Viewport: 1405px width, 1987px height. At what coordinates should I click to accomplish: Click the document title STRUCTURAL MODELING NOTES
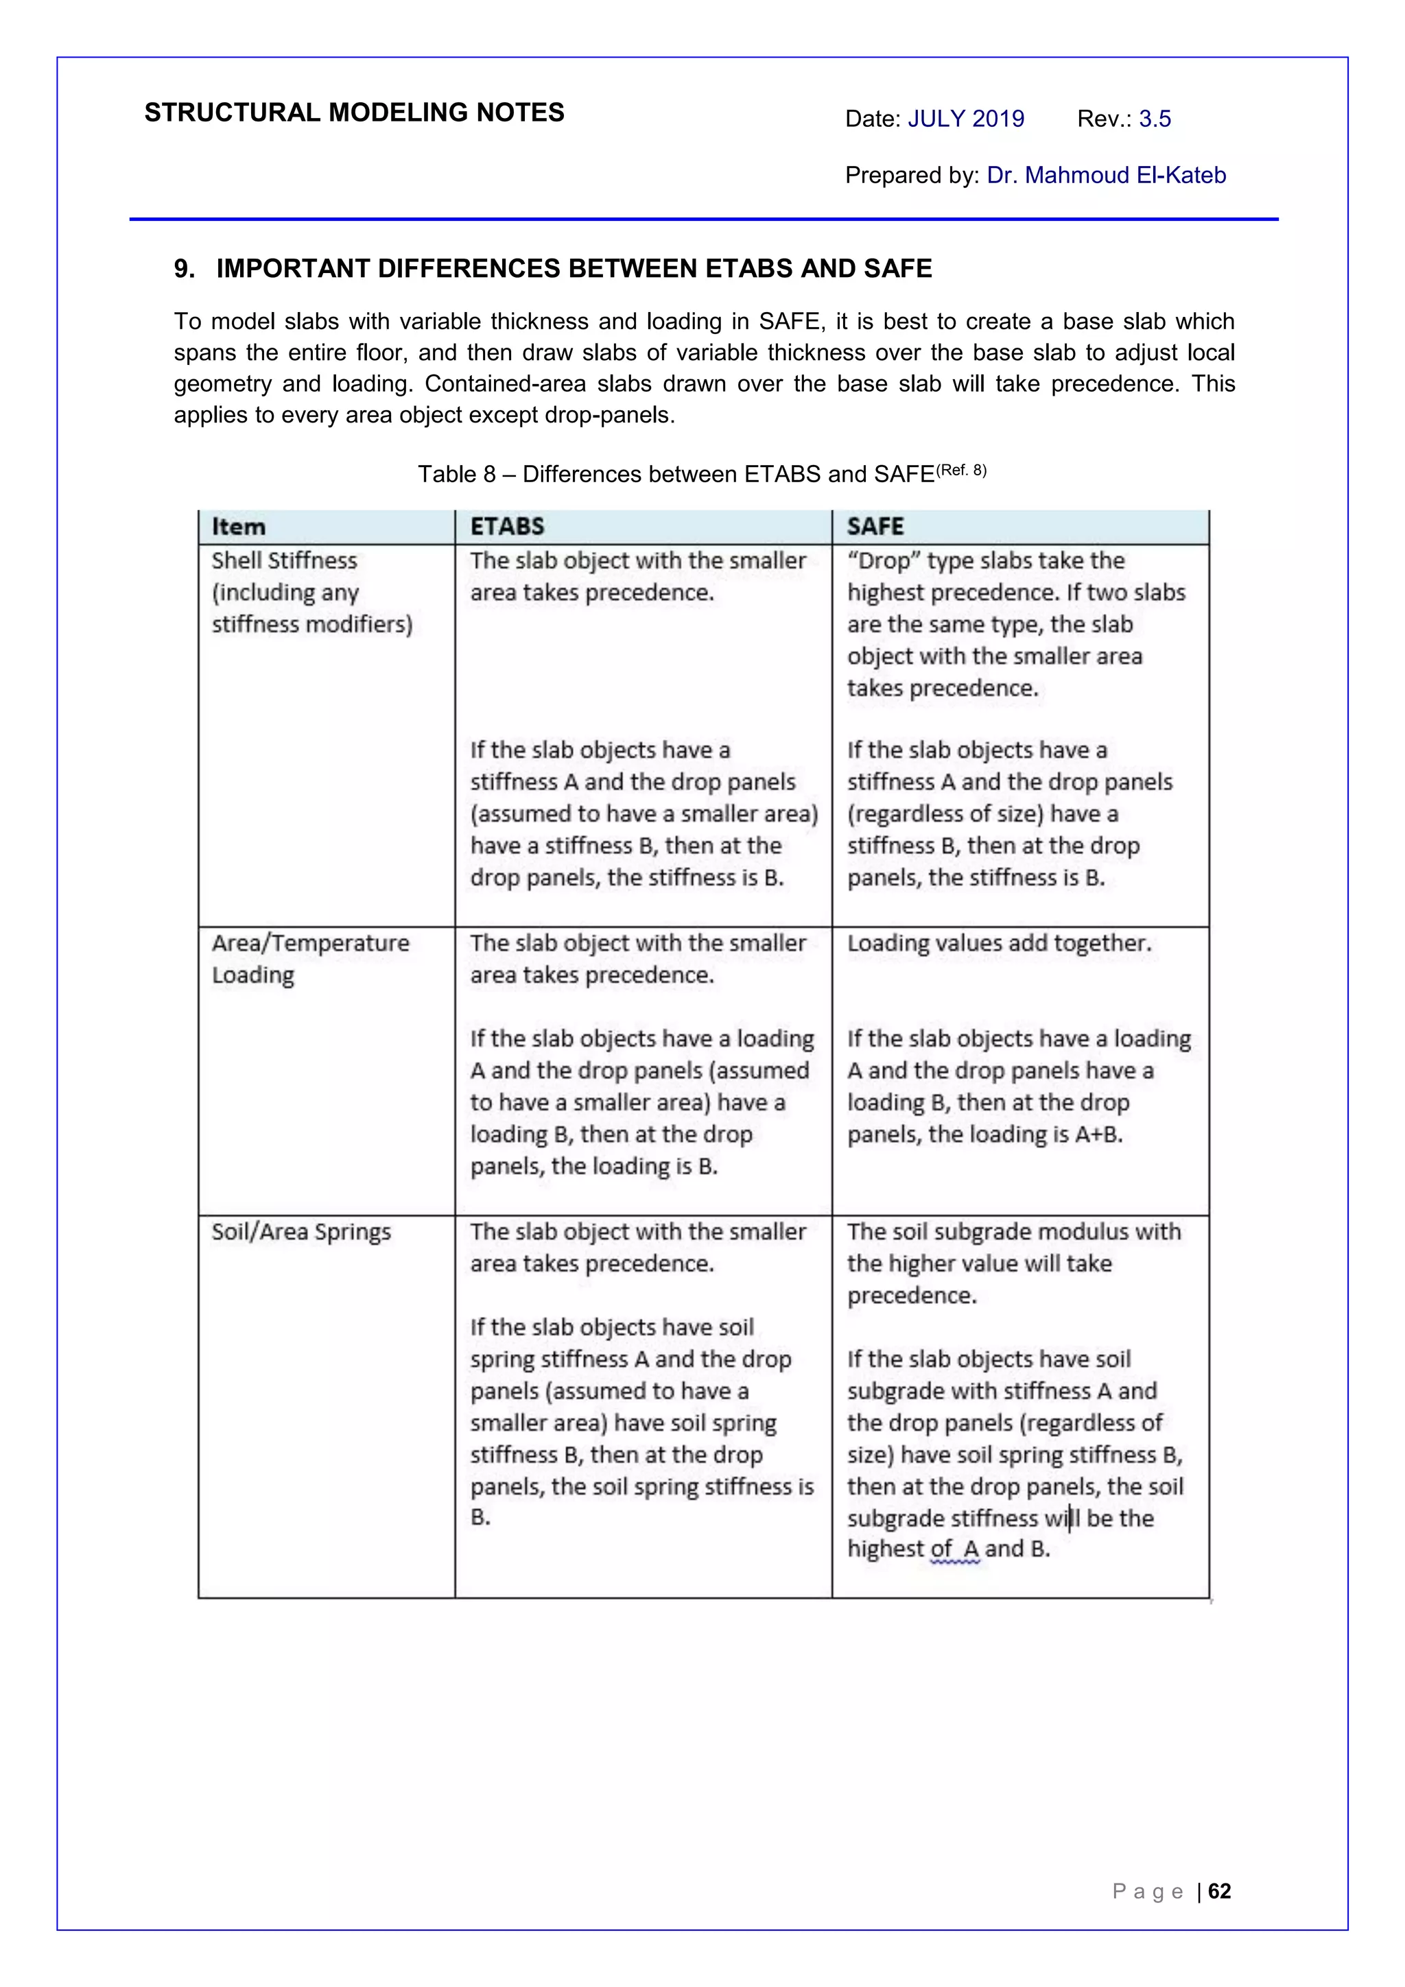pyautogui.click(x=354, y=112)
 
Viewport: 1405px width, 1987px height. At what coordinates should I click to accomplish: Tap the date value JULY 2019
pyautogui.click(x=965, y=119)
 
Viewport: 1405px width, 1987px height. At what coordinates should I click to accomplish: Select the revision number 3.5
pyautogui.click(x=1155, y=119)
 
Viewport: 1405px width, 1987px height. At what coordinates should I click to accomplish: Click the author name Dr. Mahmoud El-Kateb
pyautogui.click(x=1107, y=175)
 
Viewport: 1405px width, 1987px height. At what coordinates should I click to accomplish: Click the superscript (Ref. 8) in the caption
pyautogui.click(x=961, y=470)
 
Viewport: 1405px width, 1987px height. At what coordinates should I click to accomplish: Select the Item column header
pyautogui.click(x=239, y=526)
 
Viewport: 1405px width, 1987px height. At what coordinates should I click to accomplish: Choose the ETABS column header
pyautogui.click(x=507, y=526)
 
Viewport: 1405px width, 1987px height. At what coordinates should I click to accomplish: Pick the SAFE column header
pyautogui.click(x=875, y=526)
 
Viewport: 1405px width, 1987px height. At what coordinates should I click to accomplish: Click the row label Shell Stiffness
pyautogui.click(x=284, y=561)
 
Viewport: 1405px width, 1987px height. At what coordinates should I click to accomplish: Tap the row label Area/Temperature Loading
pyautogui.click(x=310, y=958)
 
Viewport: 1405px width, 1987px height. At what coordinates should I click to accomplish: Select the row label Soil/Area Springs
pyautogui.click(x=301, y=1231)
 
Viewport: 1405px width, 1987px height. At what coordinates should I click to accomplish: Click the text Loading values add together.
pyautogui.click(x=999, y=943)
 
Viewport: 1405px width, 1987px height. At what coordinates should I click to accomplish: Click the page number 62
pyautogui.click(x=1219, y=1891)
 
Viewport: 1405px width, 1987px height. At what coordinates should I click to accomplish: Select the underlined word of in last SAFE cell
pyautogui.click(x=941, y=1549)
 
